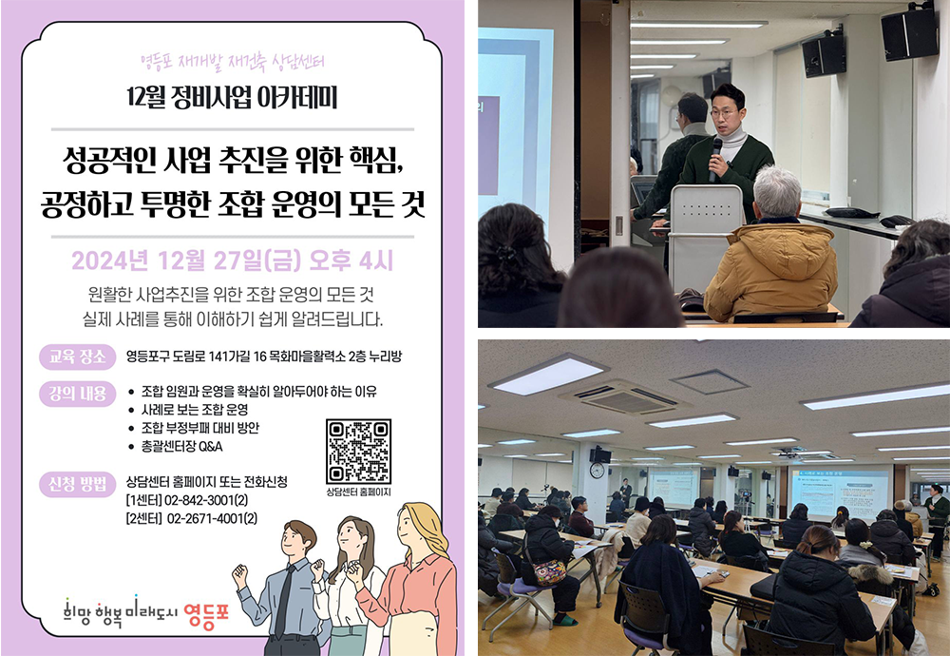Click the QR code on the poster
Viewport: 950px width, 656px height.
pos(358,452)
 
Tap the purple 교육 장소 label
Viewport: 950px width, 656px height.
pos(78,357)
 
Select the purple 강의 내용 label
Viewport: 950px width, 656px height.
pos(78,394)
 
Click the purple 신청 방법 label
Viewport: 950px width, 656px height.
pos(78,485)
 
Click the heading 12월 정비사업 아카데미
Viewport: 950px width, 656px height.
pos(232,98)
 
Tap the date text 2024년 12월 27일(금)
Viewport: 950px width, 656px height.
pos(186,260)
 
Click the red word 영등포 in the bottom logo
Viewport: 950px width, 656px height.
pos(206,615)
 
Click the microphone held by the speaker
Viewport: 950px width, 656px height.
pos(715,159)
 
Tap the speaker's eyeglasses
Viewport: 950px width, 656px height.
pos(723,113)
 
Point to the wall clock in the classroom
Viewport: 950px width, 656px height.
pos(597,471)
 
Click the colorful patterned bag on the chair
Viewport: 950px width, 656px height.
pos(550,571)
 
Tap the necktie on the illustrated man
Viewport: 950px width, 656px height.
pos(284,600)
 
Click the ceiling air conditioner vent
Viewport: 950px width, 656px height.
pos(625,398)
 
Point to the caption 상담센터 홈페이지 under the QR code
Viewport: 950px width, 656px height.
pos(358,492)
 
